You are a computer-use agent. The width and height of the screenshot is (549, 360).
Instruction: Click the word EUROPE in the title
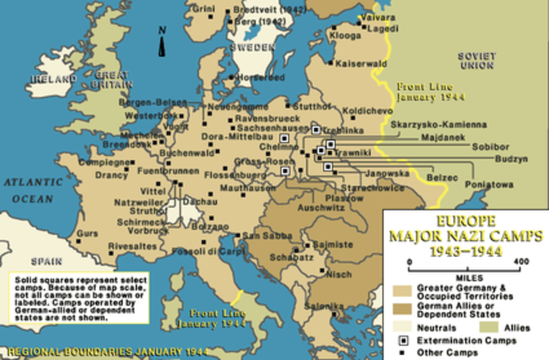click(x=467, y=221)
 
